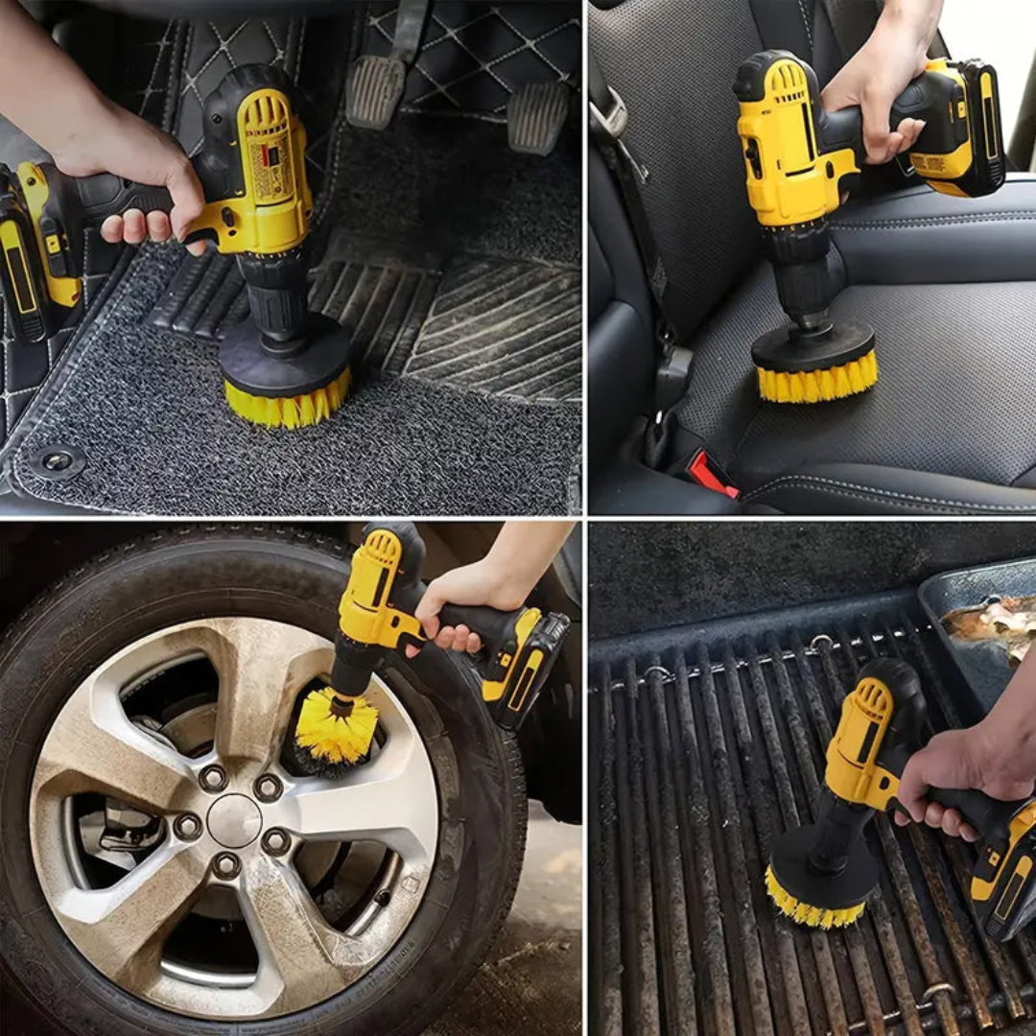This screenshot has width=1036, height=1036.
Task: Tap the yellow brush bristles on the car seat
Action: [x=817, y=380]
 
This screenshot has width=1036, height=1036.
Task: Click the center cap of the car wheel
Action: [x=233, y=820]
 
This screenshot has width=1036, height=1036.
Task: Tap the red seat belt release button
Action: [x=713, y=474]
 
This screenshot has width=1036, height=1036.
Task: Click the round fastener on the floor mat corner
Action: [x=57, y=461]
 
